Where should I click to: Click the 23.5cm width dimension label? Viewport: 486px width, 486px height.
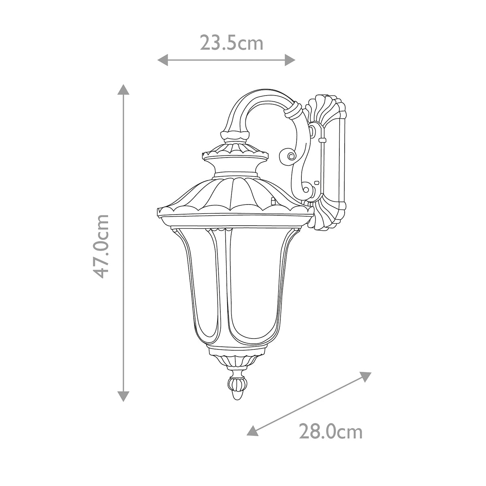pos(231,43)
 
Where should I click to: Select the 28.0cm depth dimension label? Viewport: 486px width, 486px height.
pos(330,432)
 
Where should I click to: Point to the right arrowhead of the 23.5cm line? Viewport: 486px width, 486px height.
pos(291,60)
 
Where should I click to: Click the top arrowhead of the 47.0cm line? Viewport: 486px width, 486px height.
pos(123,89)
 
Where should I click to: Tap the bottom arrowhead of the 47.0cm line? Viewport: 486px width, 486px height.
pos(123,396)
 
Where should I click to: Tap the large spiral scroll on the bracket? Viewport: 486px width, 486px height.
pos(290,156)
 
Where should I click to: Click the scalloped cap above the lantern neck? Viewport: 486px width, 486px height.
pos(235,153)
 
